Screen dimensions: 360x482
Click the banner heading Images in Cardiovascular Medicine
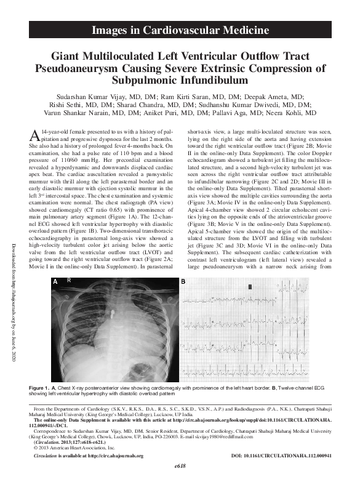[x=180, y=30]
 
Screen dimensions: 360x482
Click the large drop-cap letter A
[x=36, y=135]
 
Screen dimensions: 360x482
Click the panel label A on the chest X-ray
[x=56, y=281]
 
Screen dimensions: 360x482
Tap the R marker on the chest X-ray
[x=69, y=281]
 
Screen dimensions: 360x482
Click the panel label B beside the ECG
[x=183, y=281]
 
